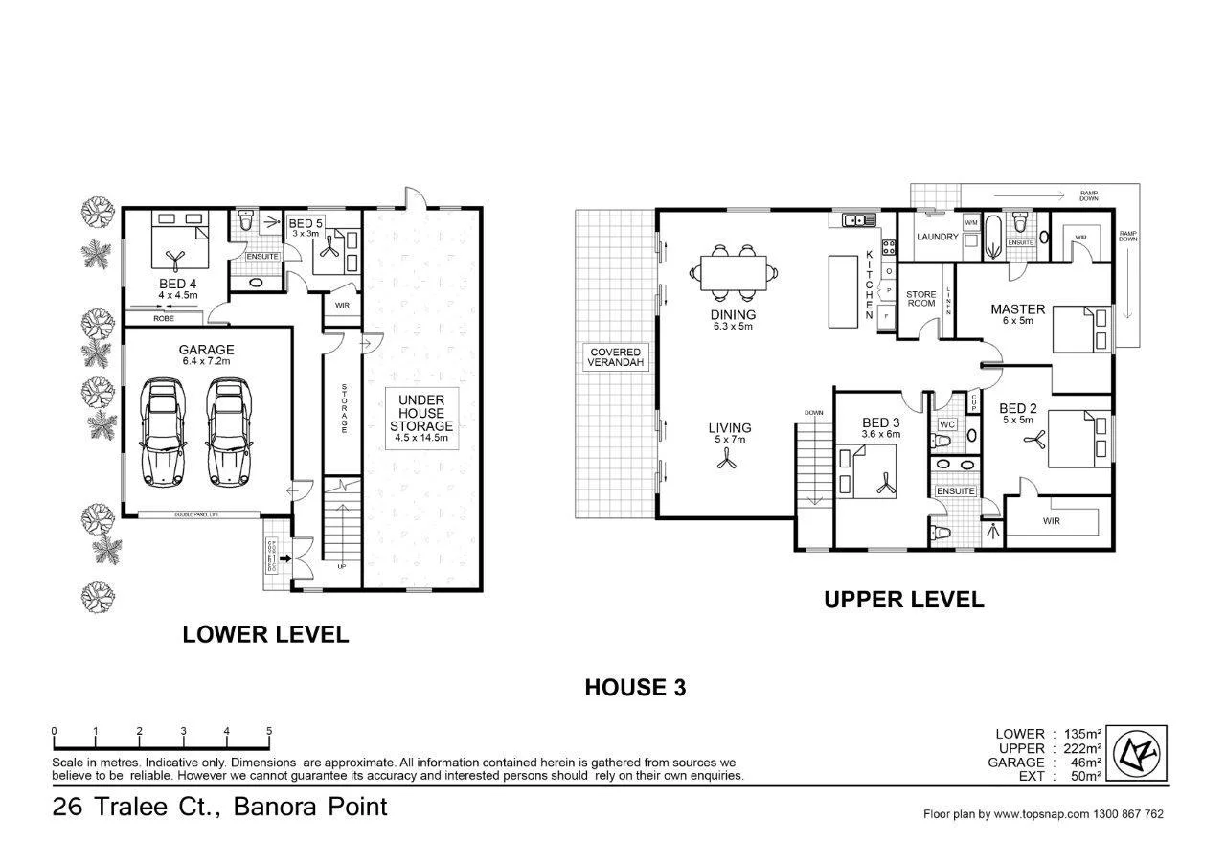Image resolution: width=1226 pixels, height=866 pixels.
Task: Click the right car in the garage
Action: [x=229, y=430]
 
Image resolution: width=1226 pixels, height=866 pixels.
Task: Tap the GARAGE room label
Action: [x=206, y=350]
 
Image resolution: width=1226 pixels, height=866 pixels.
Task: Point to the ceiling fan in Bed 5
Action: [x=329, y=247]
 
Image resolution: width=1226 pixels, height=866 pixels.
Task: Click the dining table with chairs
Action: [x=736, y=272]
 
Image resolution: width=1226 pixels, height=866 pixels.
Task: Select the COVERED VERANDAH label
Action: [x=615, y=358]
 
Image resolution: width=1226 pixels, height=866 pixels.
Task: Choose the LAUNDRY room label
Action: [x=937, y=237]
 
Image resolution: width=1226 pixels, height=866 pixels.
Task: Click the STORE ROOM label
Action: [x=920, y=300]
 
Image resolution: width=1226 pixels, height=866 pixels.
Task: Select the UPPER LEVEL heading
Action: [x=903, y=600]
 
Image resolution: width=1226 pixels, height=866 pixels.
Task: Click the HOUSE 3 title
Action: [x=636, y=687]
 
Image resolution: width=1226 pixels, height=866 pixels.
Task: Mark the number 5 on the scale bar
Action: [x=269, y=731]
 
